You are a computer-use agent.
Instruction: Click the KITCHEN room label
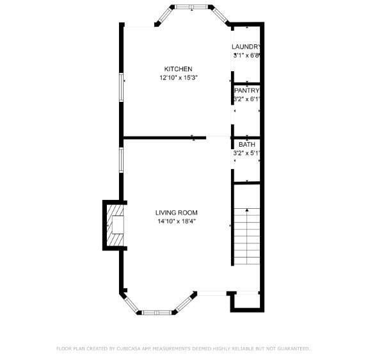tap(178, 69)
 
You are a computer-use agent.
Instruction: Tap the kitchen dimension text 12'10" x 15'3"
tap(179, 78)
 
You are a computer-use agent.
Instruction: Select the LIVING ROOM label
tap(177, 213)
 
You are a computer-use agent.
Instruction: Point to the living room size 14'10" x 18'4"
tap(177, 221)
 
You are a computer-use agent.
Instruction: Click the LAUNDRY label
tap(246, 47)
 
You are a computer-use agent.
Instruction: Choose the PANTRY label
tap(247, 90)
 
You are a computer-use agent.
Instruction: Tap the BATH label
tap(247, 144)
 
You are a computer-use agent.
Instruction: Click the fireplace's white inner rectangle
tap(118, 225)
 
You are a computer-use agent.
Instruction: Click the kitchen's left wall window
tap(122, 87)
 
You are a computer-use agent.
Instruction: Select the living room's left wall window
tap(122, 160)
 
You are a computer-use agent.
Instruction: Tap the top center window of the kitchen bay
tap(191, 7)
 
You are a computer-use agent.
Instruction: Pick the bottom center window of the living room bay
tap(157, 313)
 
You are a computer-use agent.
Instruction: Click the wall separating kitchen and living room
tap(164, 138)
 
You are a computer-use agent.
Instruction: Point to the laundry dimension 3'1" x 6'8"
tap(246, 56)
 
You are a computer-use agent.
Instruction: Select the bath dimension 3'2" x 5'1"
tap(246, 153)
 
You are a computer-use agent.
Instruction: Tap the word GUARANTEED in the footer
tap(294, 348)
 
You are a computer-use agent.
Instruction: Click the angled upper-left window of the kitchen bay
tap(164, 15)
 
